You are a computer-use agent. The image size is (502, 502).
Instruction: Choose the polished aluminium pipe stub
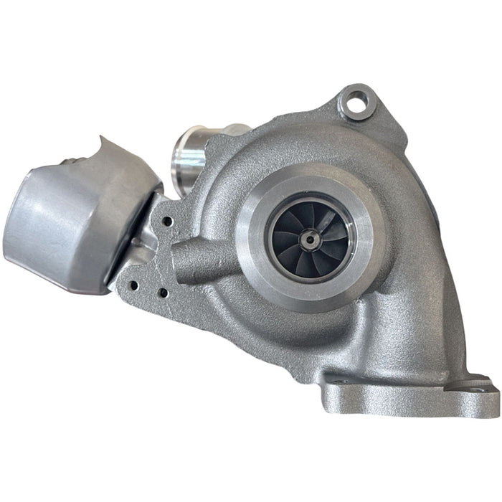(x=194, y=151)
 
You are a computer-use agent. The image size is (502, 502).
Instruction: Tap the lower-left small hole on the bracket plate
(x=133, y=285)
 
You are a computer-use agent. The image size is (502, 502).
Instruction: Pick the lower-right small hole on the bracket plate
(x=164, y=293)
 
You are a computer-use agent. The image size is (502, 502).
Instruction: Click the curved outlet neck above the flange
(x=402, y=337)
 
